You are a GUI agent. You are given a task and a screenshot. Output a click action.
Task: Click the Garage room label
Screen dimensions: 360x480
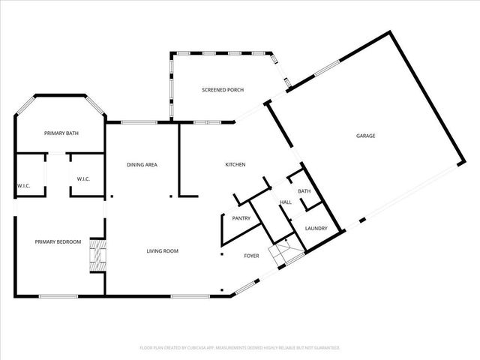[365, 136]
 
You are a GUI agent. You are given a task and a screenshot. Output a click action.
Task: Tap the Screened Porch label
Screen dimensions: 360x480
[223, 90]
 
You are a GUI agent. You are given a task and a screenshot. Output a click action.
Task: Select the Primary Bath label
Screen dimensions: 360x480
[61, 133]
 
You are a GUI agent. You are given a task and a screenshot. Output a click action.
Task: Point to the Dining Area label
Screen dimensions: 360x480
[141, 164]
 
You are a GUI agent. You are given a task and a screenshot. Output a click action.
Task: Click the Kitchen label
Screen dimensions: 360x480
[235, 164]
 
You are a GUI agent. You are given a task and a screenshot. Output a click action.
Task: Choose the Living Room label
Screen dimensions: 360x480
[162, 250]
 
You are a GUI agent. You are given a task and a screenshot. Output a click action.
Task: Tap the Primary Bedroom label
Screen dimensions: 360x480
[58, 241]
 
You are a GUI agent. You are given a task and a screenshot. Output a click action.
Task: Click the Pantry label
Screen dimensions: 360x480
[241, 218]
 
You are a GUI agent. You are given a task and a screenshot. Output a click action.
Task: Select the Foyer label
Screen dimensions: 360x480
[251, 256]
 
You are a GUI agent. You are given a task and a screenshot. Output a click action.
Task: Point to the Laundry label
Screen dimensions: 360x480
[315, 229]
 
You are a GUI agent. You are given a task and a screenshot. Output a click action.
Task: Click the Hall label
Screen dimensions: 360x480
[285, 202]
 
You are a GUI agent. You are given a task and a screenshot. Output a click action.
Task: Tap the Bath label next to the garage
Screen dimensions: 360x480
[304, 191]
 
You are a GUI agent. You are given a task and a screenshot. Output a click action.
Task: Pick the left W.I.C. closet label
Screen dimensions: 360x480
[23, 185]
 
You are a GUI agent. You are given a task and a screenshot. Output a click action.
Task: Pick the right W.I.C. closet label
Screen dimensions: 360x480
[84, 178]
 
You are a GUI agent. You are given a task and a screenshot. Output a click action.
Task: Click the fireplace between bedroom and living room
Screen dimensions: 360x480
[97, 256]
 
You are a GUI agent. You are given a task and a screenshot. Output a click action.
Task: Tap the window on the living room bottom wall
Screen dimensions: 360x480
[184, 295]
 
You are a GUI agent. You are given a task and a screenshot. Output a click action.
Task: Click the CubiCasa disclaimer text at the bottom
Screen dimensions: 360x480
[240, 348]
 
